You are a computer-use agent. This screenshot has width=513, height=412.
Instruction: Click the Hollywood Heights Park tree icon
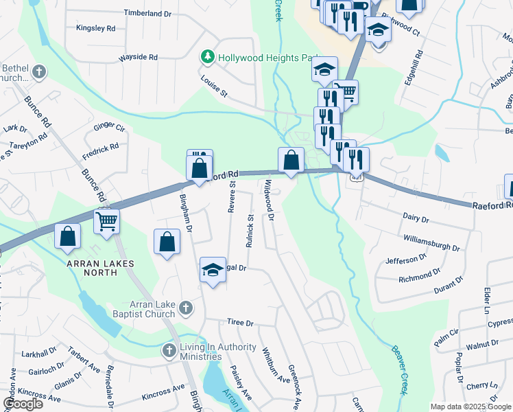coord(207,56)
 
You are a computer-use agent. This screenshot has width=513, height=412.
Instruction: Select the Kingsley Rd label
coord(96,29)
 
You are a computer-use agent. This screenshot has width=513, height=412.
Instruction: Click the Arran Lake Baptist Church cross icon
coord(185,310)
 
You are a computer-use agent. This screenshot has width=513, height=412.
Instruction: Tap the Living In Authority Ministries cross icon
coord(169,351)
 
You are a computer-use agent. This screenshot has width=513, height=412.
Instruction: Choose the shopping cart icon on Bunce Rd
coord(106,222)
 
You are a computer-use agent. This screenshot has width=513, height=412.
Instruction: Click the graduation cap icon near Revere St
coord(213,270)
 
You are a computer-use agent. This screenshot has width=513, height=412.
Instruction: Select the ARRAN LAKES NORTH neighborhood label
coord(99,264)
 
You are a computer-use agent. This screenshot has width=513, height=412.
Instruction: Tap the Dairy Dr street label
coord(415,219)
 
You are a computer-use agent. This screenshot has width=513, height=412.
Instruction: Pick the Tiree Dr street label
coord(240,323)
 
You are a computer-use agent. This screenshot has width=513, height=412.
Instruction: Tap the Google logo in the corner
coord(23,404)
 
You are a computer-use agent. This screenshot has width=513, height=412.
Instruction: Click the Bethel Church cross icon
coord(38,71)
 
